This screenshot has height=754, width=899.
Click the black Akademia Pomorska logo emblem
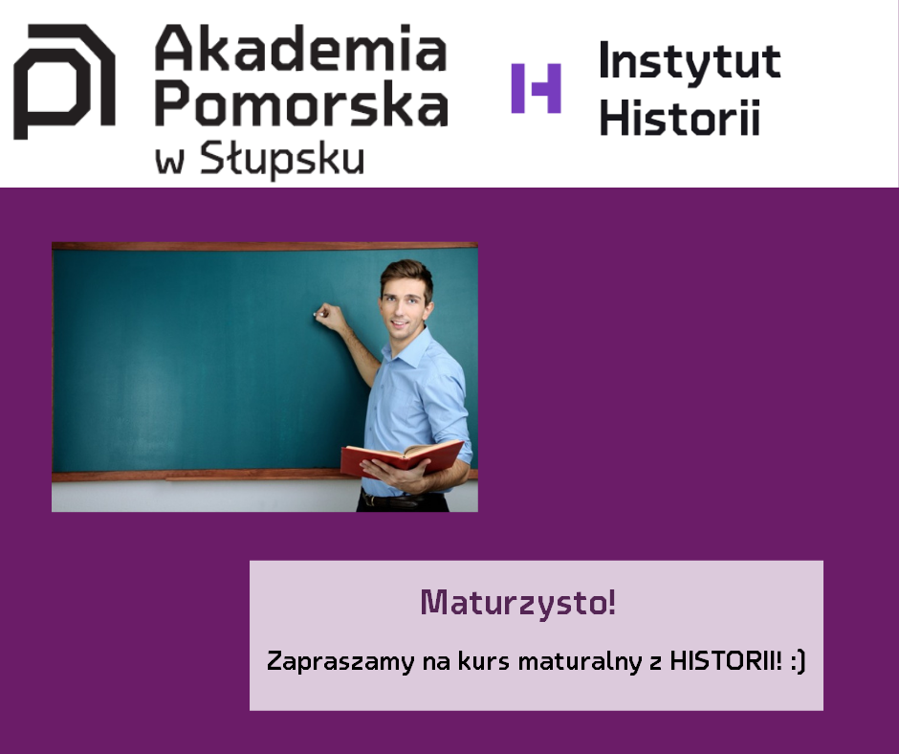(x=64, y=81)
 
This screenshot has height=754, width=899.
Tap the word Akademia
(x=301, y=48)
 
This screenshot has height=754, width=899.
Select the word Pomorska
(x=301, y=103)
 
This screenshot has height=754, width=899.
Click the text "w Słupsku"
(x=260, y=159)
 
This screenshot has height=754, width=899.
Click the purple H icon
(x=537, y=88)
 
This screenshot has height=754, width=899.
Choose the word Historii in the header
(x=679, y=118)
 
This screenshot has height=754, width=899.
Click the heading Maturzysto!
(x=518, y=604)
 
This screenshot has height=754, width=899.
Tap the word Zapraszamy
(x=340, y=661)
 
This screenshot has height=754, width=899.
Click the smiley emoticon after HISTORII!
(x=798, y=661)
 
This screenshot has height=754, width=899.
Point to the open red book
(x=402, y=458)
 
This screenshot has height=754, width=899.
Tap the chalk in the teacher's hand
(x=315, y=315)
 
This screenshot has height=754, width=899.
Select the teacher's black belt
(x=402, y=500)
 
